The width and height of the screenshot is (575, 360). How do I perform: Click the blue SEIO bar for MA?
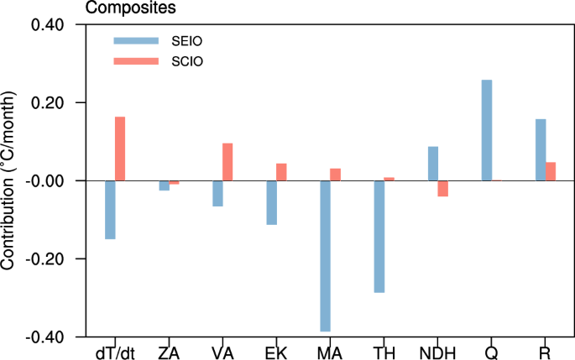[x=325, y=256]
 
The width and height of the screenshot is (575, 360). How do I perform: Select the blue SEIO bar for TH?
[x=379, y=237]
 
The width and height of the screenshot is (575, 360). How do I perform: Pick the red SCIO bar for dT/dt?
[x=120, y=149]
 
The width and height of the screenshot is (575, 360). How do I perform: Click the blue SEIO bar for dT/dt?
[x=110, y=210]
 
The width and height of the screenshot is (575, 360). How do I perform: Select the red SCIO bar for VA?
[x=227, y=162]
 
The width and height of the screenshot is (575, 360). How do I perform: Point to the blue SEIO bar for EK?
[x=271, y=202]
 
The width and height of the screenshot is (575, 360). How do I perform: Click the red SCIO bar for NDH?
[x=442, y=188]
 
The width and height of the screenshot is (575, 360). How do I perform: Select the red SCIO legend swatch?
[x=135, y=60]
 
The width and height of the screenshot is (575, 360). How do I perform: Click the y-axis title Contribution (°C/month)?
[x=10, y=180]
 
